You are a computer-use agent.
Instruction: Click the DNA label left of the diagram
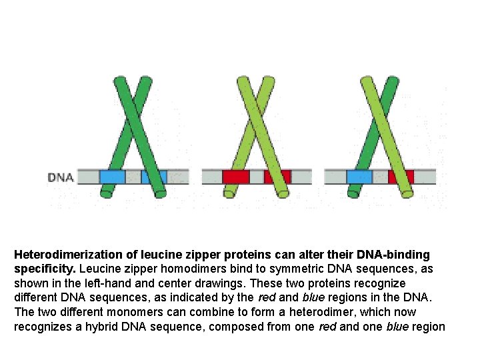(x=61, y=177)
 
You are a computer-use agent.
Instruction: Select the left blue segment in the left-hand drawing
(x=112, y=177)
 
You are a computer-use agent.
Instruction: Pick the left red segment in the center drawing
(x=235, y=177)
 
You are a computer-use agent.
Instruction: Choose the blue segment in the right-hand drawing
(x=359, y=177)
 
